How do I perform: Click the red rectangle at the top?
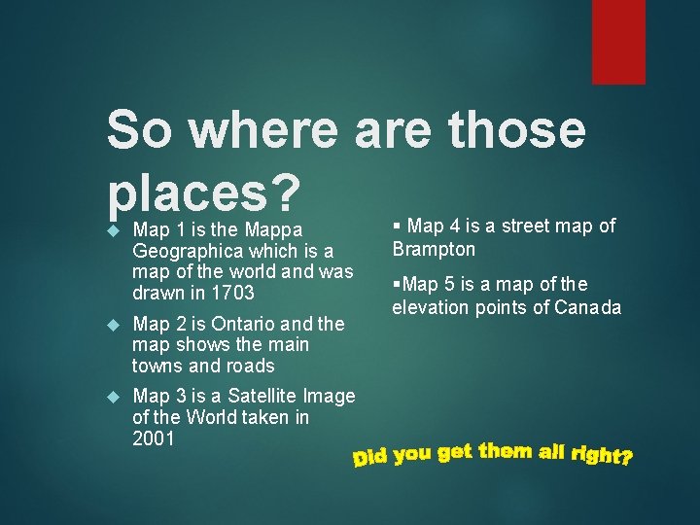pyautogui.click(x=618, y=41)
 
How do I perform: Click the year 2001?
pyautogui.click(x=154, y=438)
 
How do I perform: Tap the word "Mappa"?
pyautogui.click(x=273, y=230)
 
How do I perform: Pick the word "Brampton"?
pyautogui.click(x=434, y=249)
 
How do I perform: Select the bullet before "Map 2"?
pyautogui.click(x=113, y=325)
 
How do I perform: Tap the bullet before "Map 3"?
pyautogui.click(x=113, y=397)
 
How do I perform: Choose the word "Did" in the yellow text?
pyautogui.click(x=371, y=456)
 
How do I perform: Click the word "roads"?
pyautogui.click(x=250, y=366)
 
